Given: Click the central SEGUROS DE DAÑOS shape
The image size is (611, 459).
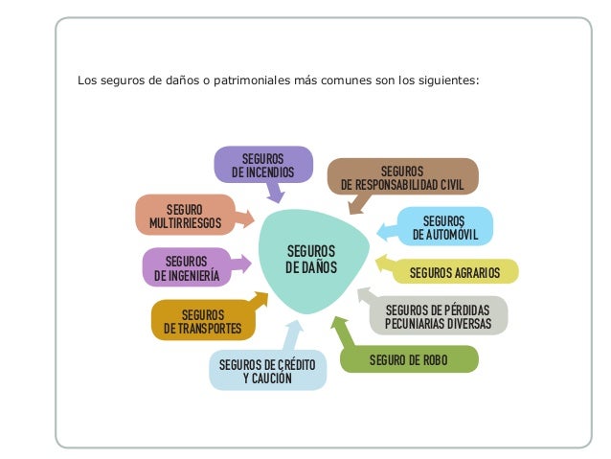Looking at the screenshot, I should coord(311,259).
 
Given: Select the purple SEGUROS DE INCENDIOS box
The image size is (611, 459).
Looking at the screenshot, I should coord(262,164).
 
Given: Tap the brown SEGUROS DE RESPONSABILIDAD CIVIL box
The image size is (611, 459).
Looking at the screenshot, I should coord(402,175).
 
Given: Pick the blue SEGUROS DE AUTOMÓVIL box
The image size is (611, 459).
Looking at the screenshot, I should coord(443,226).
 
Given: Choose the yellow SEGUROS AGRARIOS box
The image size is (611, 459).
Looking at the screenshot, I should coord(455,273).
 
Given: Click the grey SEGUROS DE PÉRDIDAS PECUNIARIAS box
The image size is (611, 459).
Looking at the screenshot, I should coord(438,315).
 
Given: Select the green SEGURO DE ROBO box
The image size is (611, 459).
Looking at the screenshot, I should coord(409,360).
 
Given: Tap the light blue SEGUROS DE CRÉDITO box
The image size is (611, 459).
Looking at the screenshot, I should coord(267,371).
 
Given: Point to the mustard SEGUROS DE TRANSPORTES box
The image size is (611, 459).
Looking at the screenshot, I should coord(203,321).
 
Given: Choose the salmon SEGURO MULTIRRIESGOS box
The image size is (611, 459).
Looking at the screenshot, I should coord(185,215).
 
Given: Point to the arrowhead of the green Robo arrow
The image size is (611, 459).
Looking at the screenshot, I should coord(336,322).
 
